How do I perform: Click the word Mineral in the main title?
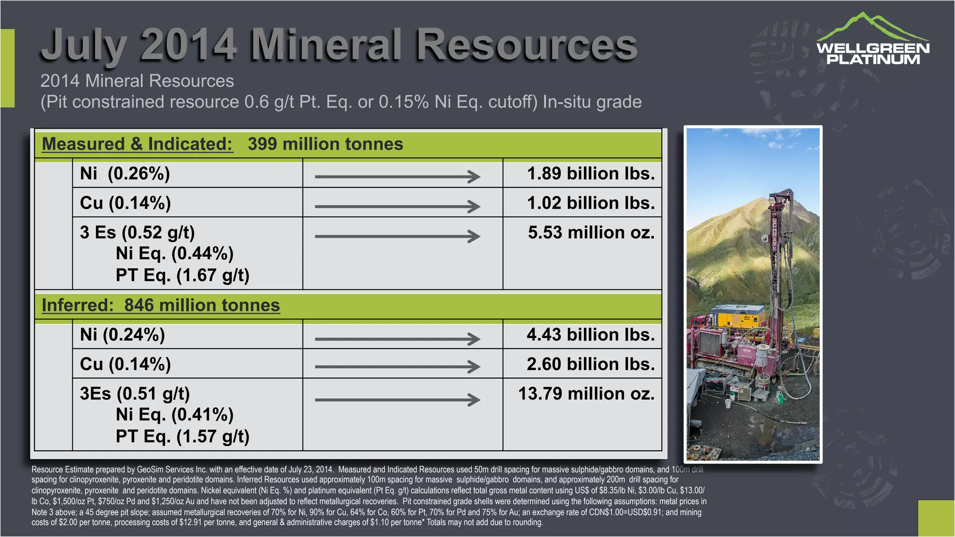coord(326,45)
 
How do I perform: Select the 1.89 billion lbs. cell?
coord(590,173)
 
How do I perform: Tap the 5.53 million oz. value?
coord(591,232)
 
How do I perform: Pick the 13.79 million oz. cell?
coord(586,393)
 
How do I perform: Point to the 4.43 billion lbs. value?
coord(590,335)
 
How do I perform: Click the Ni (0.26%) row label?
coord(125,173)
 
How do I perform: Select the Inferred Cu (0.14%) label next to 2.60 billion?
coord(125,364)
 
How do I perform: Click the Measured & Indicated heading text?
coord(137,144)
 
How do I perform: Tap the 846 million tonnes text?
coord(201,305)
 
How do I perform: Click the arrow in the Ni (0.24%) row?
coord(397,339)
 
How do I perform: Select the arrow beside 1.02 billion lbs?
coord(397,206)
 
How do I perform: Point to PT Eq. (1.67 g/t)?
coord(182,275)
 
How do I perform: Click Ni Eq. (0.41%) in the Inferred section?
coord(174,414)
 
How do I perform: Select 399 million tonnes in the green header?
coord(325,144)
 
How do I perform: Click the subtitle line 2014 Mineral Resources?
coord(137,81)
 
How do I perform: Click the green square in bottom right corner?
coord(936,518)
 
